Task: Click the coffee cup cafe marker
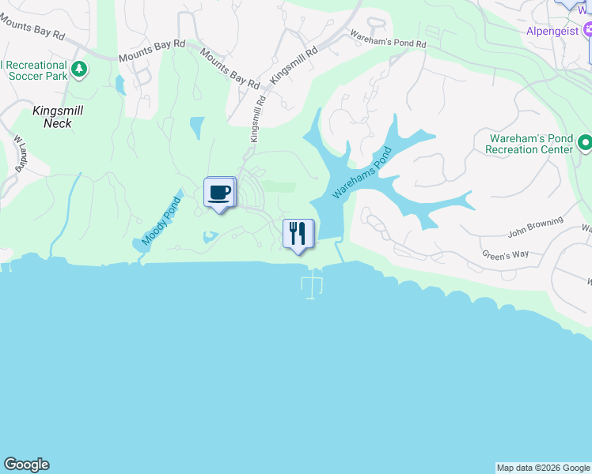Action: (219, 192)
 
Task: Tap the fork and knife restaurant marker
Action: (298, 233)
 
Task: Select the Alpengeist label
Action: (552, 32)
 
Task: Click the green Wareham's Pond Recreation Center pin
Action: (585, 143)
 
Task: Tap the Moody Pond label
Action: (161, 221)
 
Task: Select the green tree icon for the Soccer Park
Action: (78, 70)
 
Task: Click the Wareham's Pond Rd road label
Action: (388, 39)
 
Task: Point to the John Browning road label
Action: (535, 227)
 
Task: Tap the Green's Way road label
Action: (505, 254)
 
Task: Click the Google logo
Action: (26, 465)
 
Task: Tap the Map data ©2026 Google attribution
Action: (543, 468)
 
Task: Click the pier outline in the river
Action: (313, 283)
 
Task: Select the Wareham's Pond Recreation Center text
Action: (529, 143)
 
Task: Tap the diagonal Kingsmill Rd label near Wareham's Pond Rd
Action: (294, 65)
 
